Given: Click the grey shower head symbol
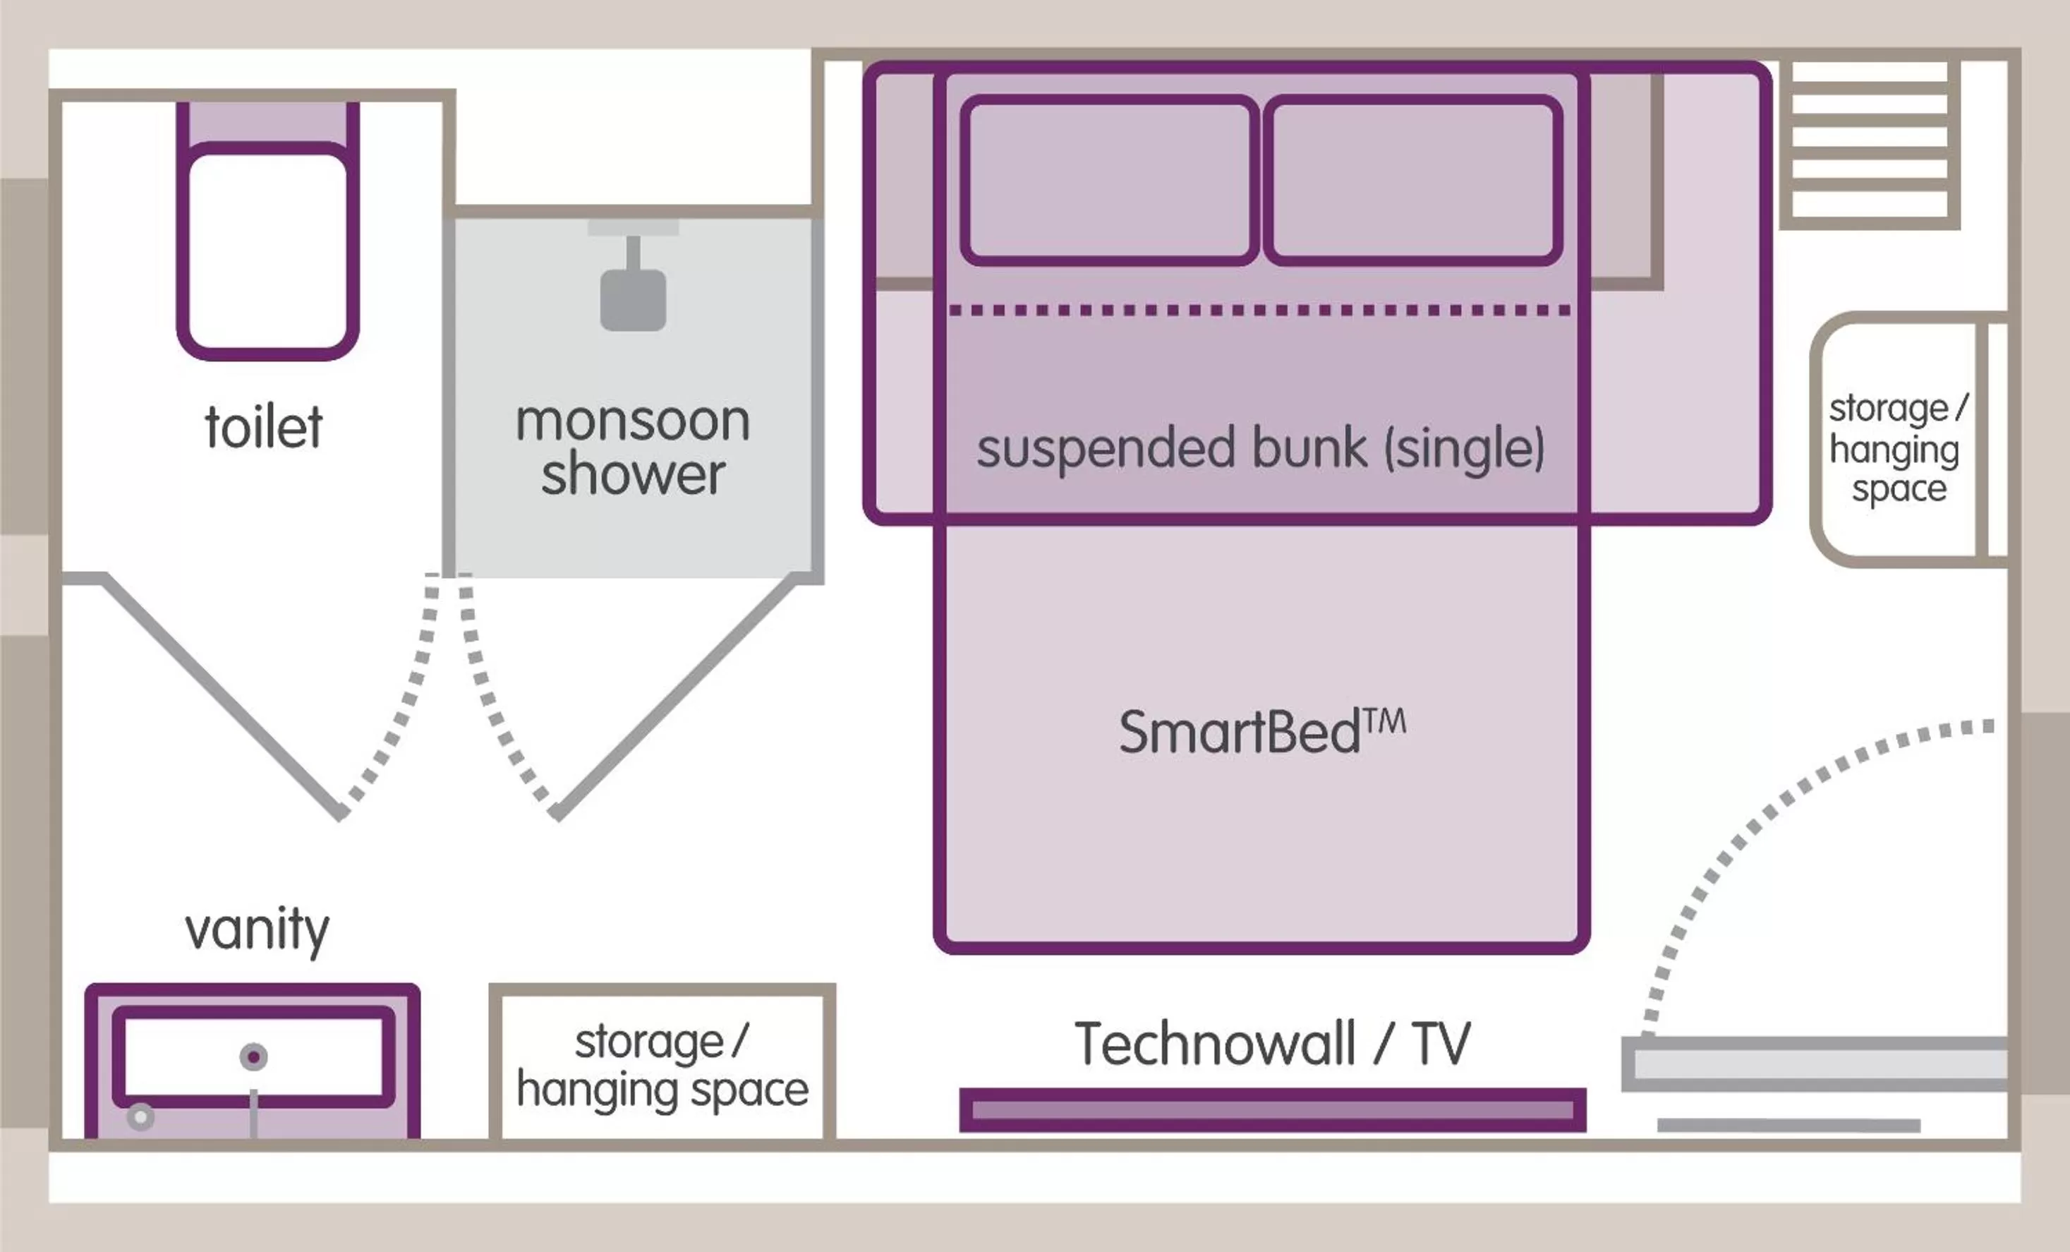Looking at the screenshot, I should (x=633, y=299).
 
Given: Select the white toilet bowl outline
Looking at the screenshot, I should (x=267, y=251).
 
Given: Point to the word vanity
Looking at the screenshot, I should (x=257, y=929).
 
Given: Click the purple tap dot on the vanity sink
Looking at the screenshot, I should (x=254, y=1057).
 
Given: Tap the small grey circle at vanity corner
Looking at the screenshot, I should (x=140, y=1116).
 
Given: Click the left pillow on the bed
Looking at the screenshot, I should (x=1109, y=180).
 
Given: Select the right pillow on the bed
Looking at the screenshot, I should (x=1413, y=180).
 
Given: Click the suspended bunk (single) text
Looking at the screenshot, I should (x=1260, y=448).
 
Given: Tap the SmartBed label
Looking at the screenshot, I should (x=1260, y=731).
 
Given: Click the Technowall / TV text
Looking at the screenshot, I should (x=1272, y=1044).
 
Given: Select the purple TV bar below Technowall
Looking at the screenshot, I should (x=1272, y=1110).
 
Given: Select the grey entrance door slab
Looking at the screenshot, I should (x=1815, y=1064).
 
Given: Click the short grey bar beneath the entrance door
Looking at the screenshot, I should (x=1788, y=1124).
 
